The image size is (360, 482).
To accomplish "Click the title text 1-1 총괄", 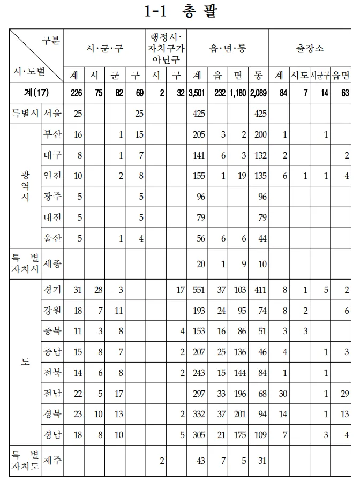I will click(x=180, y=12).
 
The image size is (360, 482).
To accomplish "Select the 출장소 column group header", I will click(x=310, y=49).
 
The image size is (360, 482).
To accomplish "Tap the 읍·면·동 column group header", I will click(x=227, y=49).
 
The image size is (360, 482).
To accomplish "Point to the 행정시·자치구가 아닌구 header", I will click(x=167, y=48).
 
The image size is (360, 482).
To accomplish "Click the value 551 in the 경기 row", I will click(x=199, y=290).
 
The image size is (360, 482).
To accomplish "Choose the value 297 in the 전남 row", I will click(x=199, y=394).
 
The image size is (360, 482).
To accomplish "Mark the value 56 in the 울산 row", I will click(x=201, y=238).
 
